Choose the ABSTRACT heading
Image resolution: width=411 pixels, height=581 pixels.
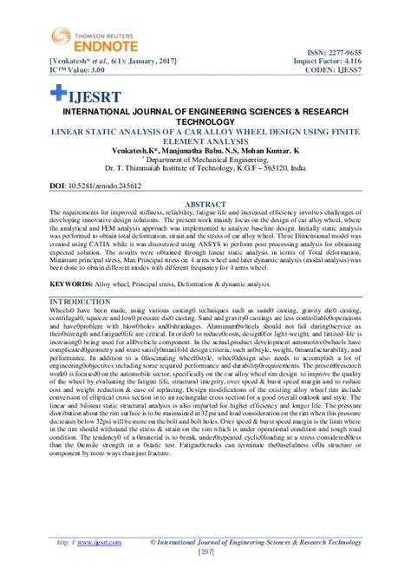(x=205, y=204)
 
